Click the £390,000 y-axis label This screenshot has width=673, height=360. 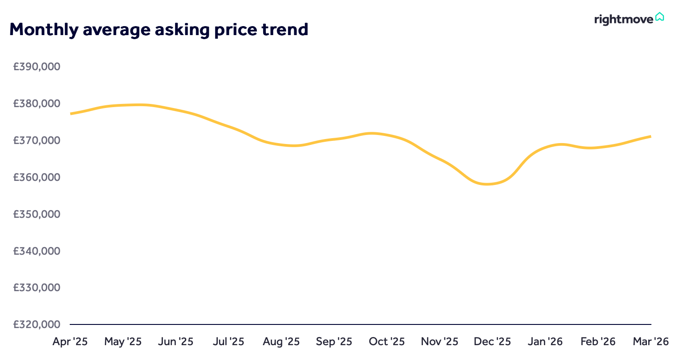(37, 67)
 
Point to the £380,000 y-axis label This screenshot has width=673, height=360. (37, 103)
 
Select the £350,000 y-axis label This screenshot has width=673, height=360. (37, 214)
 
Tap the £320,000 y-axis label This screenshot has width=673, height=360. (37, 324)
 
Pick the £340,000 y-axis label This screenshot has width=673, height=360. (37, 251)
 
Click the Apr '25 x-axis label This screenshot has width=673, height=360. (71, 342)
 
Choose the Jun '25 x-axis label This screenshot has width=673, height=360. (176, 342)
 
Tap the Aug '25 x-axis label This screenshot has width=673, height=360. (281, 342)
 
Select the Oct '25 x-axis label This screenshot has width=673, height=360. (387, 342)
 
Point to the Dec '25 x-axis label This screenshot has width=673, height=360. (492, 342)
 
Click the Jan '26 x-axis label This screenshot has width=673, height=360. (545, 342)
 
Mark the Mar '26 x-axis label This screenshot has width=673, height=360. (650, 342)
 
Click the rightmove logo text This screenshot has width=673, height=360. (624, 19)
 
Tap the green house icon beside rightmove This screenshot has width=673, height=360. (660, 17)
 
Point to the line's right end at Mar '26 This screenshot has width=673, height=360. (651, 136)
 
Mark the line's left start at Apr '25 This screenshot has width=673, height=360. (71, 113)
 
